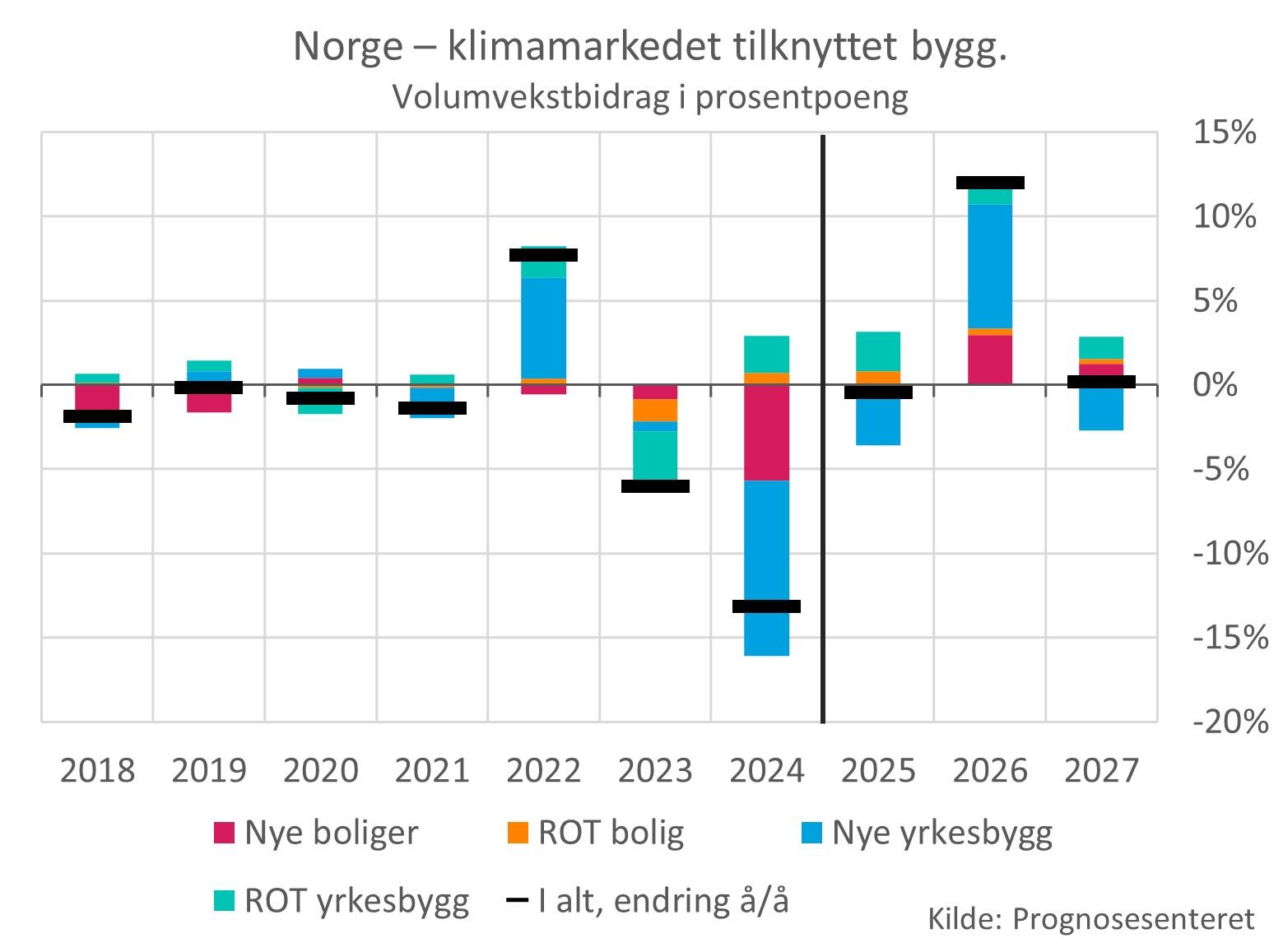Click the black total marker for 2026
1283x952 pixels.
pyautogui.click(x=990, y=183)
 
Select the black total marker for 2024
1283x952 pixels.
pyautogui.click(x=766, y=606)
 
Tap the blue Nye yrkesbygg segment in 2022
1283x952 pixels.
pyautogui.click(x=543, y=327)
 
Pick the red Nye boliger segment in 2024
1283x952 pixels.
pyautogui.click(x=766, y=432)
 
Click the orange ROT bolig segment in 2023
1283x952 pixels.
pyautogui.click(x=655, y=410)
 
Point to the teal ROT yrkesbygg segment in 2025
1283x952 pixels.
pyautogui.click(x=878, y=351)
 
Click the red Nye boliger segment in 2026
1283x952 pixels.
pyautogui.click(x=990, y=360)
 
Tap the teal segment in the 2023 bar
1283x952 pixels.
pyautogui.click(x=655, y=455)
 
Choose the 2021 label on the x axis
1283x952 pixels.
pyautogui.click(x=432, y=771)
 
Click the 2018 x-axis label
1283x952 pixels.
pyautogui.click(x=97, y=771)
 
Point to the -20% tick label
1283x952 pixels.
pyautogui.click(x=1230, y=722)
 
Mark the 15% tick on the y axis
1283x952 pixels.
pyautogui.click(x=1225, y=132)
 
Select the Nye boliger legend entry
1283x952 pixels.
pyautogui.click(x=316, y=833)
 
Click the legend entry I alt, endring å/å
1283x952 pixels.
pyautogui.click(x=648, y=901)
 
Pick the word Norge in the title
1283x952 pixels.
pyautogui.click(x=345, y=47)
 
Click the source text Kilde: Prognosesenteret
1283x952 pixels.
pyautogui.click(x=1091, y=918)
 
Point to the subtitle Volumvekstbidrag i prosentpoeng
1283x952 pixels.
pyautogui.click(x=650, y=96)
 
